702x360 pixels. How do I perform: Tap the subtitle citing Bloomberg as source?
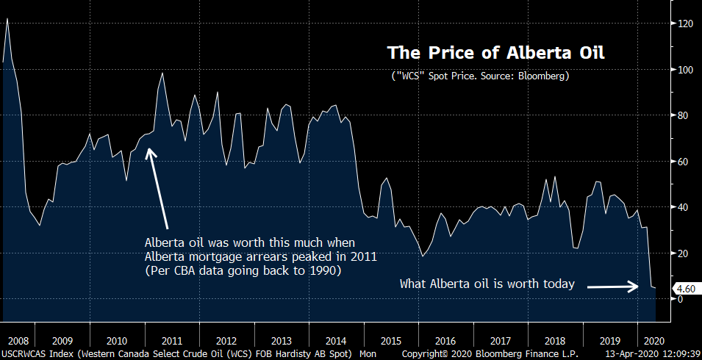coord(480,76)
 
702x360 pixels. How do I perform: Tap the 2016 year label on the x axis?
coord(446,341)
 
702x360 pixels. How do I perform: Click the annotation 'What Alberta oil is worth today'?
coord(486,284)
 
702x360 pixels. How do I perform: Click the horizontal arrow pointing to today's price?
coord(611,287)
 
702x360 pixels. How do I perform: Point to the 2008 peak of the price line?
coord(7,19)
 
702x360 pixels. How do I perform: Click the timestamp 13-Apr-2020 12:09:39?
coord(652,354)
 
